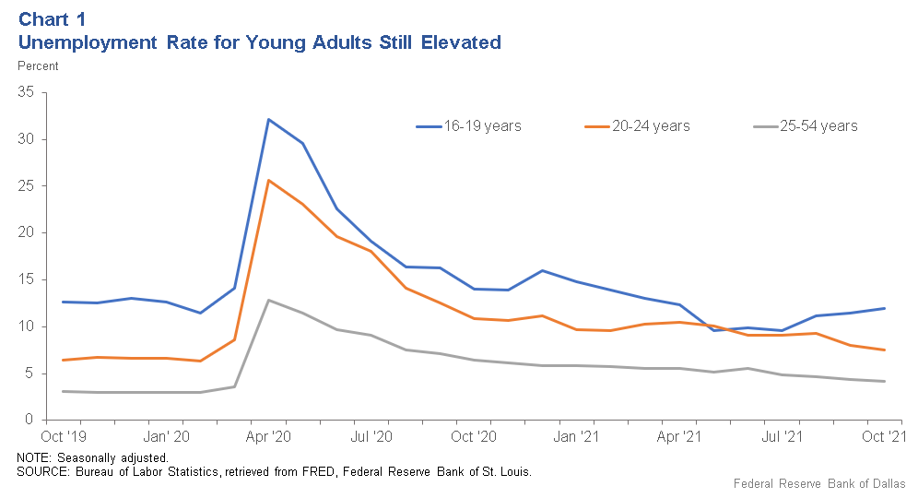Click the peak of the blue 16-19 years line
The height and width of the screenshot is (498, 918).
[x=268, y=119]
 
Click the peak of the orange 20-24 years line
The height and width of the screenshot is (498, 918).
[x=268, y=180]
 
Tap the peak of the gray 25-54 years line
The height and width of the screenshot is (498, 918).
[x=268, y=300]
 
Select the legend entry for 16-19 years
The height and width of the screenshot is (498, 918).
[x=468, y=125]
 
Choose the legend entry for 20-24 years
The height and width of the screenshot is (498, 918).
[x=638, y=125]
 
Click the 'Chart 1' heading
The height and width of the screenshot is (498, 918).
[x=54, y=19]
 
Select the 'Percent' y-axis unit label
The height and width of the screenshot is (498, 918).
[x=38, y=65]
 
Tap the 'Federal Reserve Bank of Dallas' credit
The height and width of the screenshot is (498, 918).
[x=819, y=483]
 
